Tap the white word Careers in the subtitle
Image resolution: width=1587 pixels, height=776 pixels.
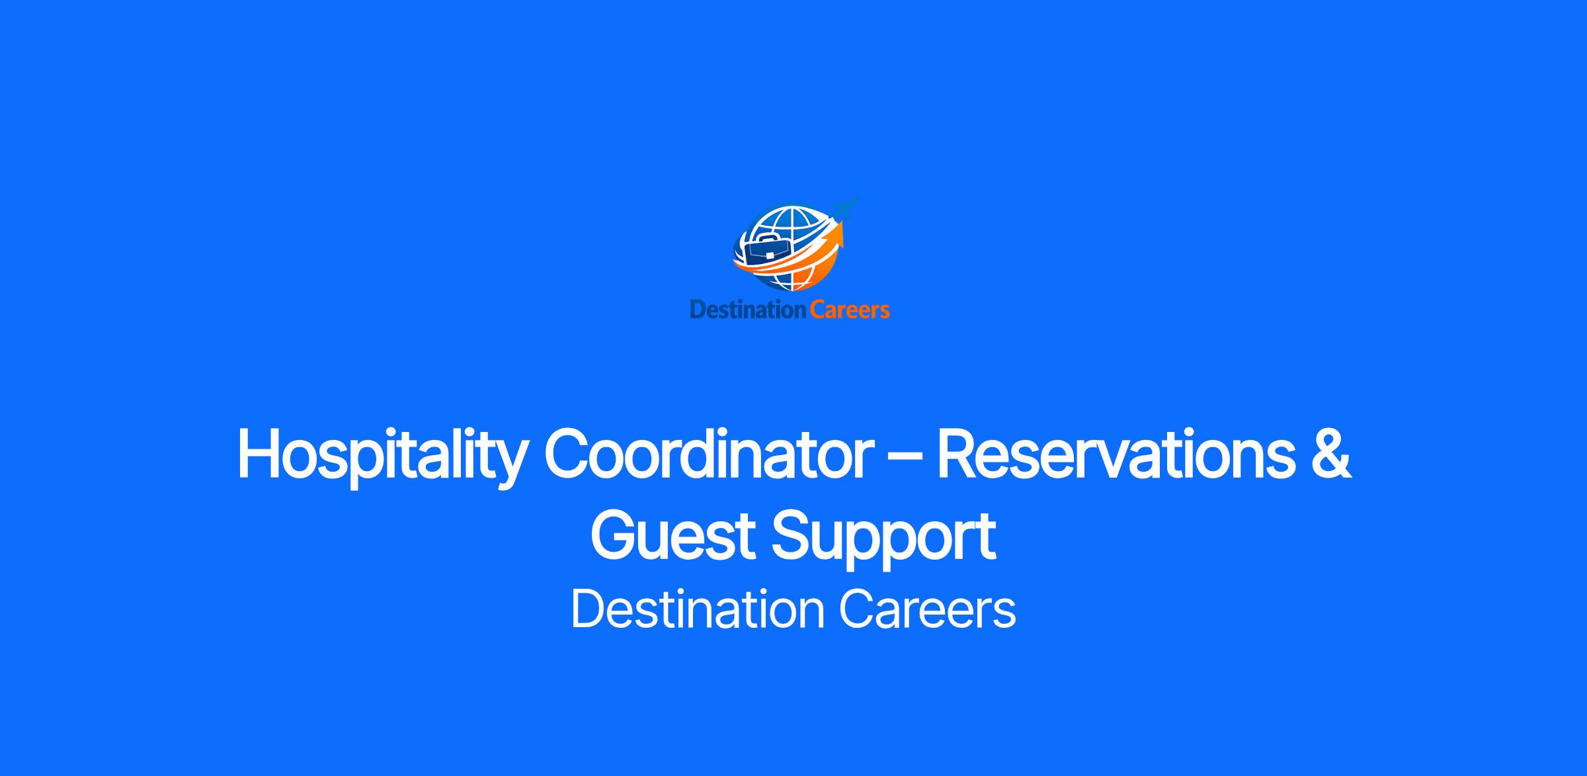tap(928, 609)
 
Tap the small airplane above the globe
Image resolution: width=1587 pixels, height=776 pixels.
tap(845, 208)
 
